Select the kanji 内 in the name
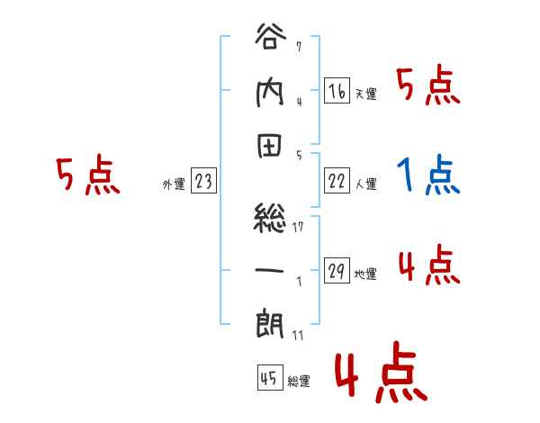point(270,92)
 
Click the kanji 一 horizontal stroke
point(270,267)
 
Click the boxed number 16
point(337,91)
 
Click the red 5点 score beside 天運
point(428,87)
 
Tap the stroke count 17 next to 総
point(300,226)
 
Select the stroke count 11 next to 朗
point(298,335)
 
